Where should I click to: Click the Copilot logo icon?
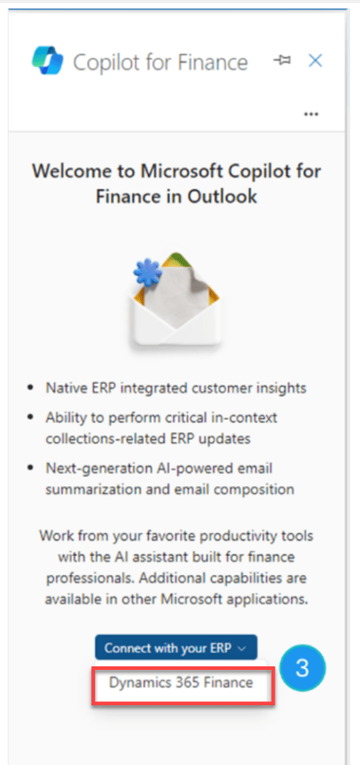(x=47, y=61)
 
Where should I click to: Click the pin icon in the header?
(x=282, y=61)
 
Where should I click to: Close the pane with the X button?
(x=315, y=61)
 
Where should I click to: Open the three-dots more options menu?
(x=311, y=115)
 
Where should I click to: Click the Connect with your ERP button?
(x=176, y=648)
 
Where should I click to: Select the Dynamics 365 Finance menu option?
(x=181, y=683)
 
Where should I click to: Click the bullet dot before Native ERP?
(x=31, y=388)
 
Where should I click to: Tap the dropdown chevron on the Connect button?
(x=242, y=649)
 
